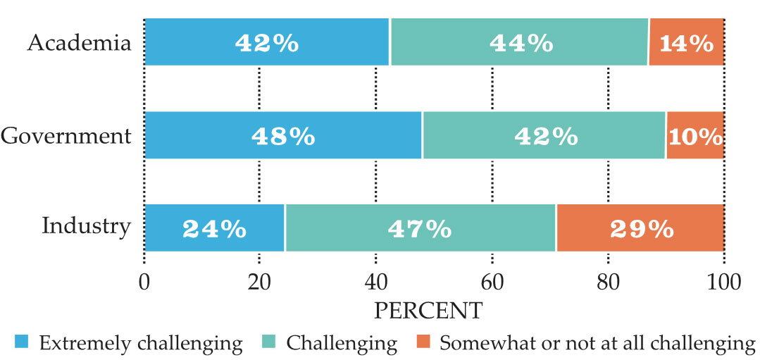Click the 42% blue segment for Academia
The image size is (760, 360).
pyautogui.click(x=266, y=42)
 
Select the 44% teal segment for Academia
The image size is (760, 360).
pyautogui.click(x=520, y=42)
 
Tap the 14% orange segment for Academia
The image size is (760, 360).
pyautogui.click(x=687, y=42)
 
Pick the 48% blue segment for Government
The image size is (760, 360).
pyautogui.click(x=283, y=135)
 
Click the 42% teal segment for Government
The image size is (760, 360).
pyautogui.click(x=544, y=135)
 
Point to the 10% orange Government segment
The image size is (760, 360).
pyautogui.click(x=695, y=135)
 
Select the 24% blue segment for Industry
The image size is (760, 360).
pyautogui.click(x=214, y=228)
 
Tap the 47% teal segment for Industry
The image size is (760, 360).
pyautogui.click(x=421, y=228)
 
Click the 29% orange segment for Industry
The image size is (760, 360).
pyautogui.click(x=641, y=228)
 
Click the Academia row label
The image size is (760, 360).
pyautogui.click(x=79, y=43)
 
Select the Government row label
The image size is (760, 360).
pyautogui.click(x=66, y=136)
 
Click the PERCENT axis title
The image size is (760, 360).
pyautogui.click(x=428, y=311)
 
